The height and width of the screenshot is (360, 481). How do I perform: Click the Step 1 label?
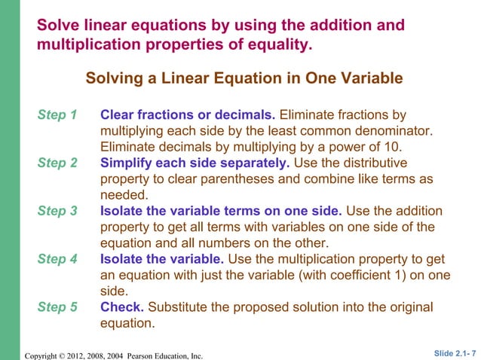[x=57, y=115]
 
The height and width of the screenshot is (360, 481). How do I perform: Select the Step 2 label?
[x=57, y=163]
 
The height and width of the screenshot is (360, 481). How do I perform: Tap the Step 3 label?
[x=57, y=212]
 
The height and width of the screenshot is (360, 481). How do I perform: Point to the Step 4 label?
[x=57, y=260]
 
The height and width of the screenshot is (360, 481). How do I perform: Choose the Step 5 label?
[x=57, y=308]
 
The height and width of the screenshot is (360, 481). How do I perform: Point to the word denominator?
[x=391, y=131]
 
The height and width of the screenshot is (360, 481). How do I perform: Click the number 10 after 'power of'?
[x=394, y=147]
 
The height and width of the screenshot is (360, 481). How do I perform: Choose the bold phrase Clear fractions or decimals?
[x=188, y=115]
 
